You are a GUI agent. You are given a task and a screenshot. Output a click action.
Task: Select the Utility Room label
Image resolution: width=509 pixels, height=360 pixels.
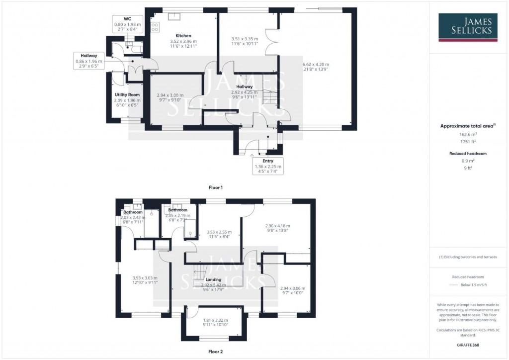click(x=127, y=94)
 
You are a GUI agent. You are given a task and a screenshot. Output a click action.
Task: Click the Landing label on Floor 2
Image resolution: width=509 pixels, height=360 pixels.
click(x=214, y=279)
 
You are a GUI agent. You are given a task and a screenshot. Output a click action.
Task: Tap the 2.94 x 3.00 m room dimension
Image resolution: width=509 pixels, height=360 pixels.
click(x=170, y=95)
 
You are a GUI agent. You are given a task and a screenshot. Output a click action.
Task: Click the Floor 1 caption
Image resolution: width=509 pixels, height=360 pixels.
click(x=215, y=187)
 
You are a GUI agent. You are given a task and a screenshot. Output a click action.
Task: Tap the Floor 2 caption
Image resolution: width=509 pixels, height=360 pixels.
click(x=215, y=352)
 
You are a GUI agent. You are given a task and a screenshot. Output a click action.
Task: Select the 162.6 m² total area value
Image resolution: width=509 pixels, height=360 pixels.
click(x=467, y=134)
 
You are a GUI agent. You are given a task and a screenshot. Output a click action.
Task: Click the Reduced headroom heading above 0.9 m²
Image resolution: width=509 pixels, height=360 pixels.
click(x=467, y=154)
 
